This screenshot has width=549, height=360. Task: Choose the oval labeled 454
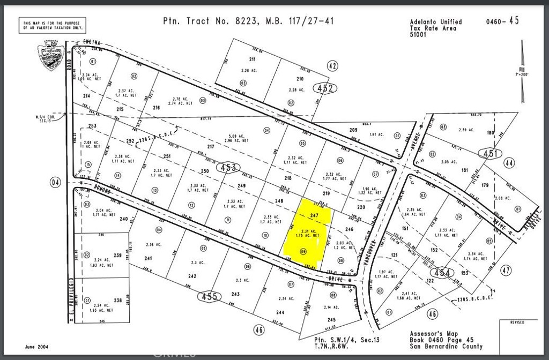446,272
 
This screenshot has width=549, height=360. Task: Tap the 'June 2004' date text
38,347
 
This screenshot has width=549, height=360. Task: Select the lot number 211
252,59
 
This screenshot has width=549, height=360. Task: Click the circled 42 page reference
332,66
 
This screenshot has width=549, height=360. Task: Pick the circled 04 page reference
56,183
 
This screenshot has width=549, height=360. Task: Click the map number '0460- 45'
502,22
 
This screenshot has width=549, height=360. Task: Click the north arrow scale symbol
523,72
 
